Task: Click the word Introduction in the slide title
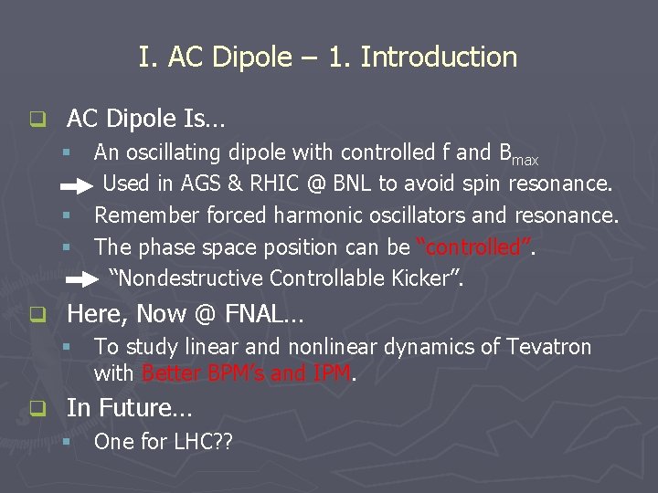click(439, 58)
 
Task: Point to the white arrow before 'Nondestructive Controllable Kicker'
click(81, 278)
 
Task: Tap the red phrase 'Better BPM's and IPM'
click(247, 372)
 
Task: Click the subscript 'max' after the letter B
click(525, 161)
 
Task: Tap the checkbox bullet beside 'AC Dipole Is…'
click(37, 119)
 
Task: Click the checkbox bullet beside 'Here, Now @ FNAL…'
click(37, 316)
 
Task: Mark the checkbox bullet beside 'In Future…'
click(37, 409)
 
